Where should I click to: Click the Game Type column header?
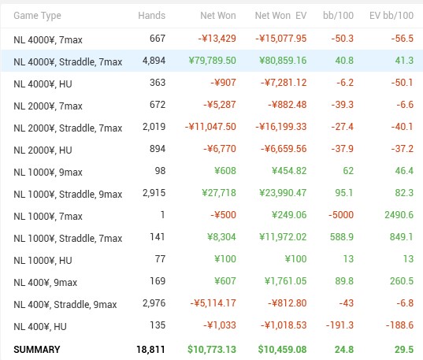[x=37, y=16]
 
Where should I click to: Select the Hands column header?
[x=151, y=16]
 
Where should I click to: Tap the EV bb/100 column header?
[x=391, y=16]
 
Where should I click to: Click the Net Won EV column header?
[x=281, y=16]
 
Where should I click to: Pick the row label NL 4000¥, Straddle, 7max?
[x=68, y=61]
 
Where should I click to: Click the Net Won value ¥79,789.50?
[x=213, y=60]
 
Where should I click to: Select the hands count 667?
[x=158, y=39]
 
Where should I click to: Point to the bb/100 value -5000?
[x=341, y=215]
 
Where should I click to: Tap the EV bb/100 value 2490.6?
[x=399, y=215]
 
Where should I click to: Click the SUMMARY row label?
[x=37, y=350]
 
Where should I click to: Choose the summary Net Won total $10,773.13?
[x=212, y=350]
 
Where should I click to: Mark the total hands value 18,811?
[x=150, y=350]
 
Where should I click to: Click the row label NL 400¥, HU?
[x=40, y=327]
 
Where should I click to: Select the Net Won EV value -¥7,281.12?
[x=284, y=82]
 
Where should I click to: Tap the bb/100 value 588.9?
[x=342, y=237]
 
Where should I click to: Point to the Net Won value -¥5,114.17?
[x=213, y=303]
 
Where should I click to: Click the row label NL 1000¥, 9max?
[x=48, y=173]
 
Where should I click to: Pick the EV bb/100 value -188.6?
[x=399, y=325]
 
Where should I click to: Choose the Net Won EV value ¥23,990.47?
[x=283, y=193]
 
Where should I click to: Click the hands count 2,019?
[x=154, y=127]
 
